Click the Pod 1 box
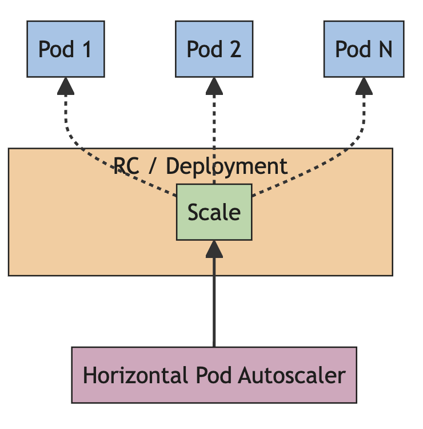pos(66,49)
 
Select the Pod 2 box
pos(214,49)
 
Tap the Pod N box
pos(364,49)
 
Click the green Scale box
pos(214,212)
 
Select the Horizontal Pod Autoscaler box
pos(214,375)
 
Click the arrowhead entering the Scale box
pos(214,249)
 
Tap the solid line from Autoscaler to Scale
pos(214,303)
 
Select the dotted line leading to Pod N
pos(354,140)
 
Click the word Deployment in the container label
pos(226,167)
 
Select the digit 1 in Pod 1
pos(86,50)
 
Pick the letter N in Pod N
pos(384,50)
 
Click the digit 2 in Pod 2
pos(235,50)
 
